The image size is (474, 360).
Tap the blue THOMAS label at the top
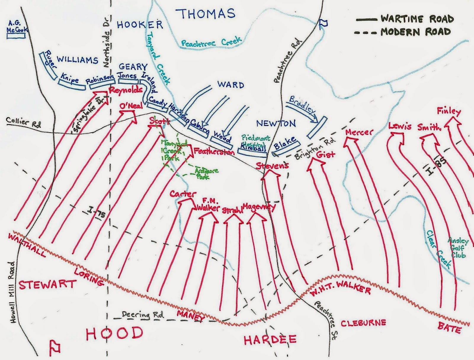205,14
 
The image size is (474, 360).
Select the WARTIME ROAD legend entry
405,19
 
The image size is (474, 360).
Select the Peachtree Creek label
212,42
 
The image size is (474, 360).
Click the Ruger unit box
48,65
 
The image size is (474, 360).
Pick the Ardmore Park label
207,174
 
